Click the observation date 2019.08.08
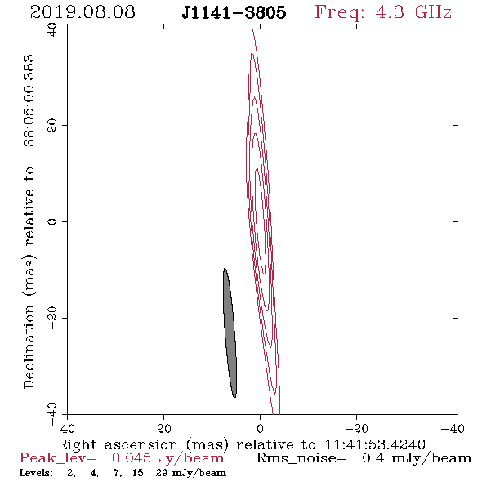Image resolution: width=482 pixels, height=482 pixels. coord(83,12)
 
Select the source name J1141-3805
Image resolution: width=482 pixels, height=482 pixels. coord(234,12)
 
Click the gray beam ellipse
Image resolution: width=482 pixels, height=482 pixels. coord(230,332)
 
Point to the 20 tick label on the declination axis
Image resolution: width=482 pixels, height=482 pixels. coord(52,126)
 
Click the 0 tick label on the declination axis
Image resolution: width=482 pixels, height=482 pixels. coord(52,221)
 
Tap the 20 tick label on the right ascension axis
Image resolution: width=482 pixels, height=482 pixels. coord(163,428)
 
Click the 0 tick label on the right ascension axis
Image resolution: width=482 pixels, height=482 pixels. coord(260,428)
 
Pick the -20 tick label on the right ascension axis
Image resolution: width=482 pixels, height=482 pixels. coord(356,428)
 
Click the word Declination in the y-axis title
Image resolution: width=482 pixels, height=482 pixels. coord(29,346)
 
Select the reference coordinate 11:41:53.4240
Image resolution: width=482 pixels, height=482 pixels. coord(375,444)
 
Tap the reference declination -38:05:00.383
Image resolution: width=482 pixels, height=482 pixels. coord(29,106)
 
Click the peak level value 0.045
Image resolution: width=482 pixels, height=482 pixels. coord(132,458)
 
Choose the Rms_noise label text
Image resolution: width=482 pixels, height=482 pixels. coord(301,458)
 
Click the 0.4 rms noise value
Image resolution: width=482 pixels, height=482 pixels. coord(373,458)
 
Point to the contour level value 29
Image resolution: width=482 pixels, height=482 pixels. coord(162,473)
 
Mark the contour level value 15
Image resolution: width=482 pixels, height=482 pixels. coord(139,473)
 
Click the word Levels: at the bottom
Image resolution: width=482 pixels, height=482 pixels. coord(36,473)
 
